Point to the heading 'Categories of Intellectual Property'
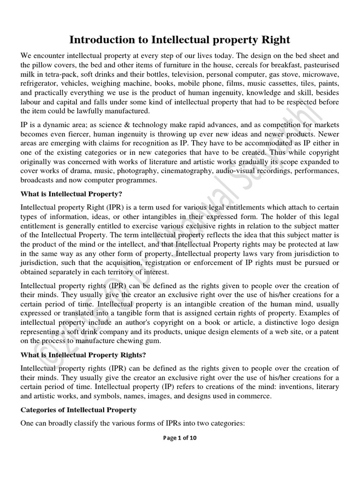(x=78, y=410)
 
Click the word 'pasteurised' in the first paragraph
(x=319, y=65)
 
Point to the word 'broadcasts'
(x=39, y=180)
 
